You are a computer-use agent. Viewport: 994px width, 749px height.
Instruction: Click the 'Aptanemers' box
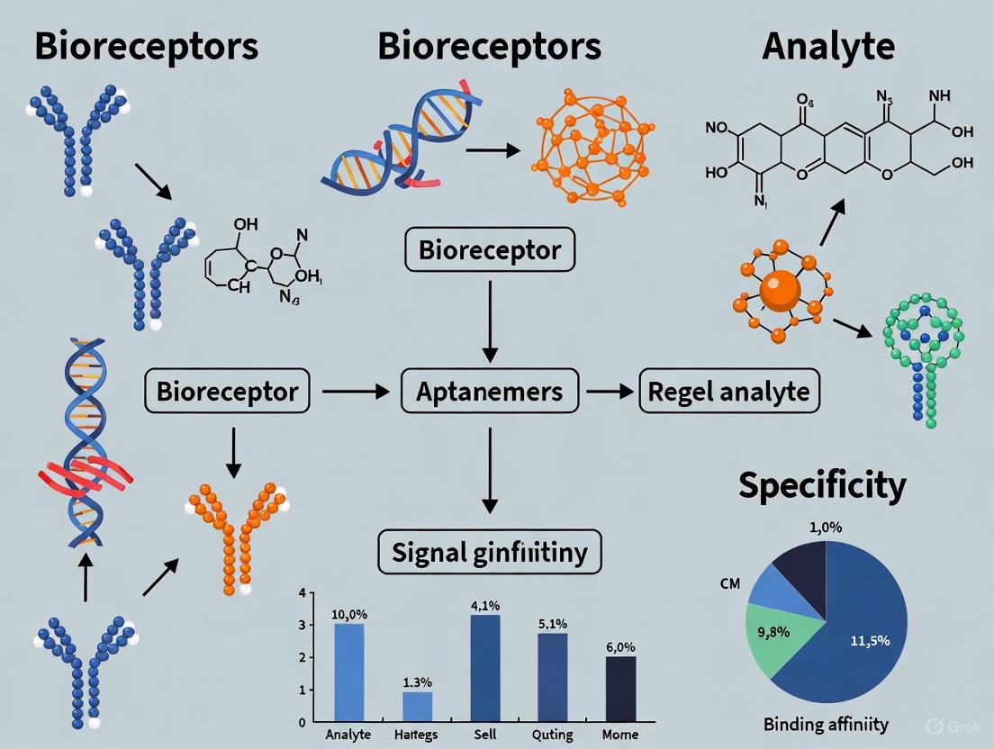click(489, 392)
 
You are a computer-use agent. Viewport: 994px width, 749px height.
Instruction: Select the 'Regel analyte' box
click(729, 392)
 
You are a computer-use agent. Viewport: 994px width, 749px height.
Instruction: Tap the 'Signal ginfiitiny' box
click(489, 550)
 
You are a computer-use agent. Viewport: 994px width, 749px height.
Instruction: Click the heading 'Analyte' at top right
click(828, 47)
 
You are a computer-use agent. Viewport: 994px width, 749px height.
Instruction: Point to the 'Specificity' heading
click(821, 485)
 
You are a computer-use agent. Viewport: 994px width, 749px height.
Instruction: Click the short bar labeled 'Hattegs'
click(417, 706)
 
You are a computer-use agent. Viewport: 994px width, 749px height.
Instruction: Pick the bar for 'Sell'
click(485, 667)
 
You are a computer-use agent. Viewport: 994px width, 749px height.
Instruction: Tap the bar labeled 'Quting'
click(553, 676)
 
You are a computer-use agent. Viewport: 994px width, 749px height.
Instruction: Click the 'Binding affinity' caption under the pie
click(825, 723)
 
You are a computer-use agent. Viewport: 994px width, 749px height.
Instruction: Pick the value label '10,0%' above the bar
click(350, 614)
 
